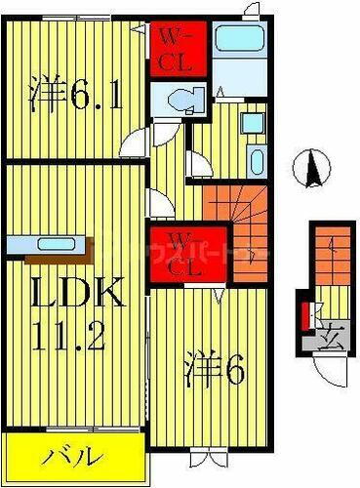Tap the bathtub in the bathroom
(x=236, y=40)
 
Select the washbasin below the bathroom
(x=252, y=124)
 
